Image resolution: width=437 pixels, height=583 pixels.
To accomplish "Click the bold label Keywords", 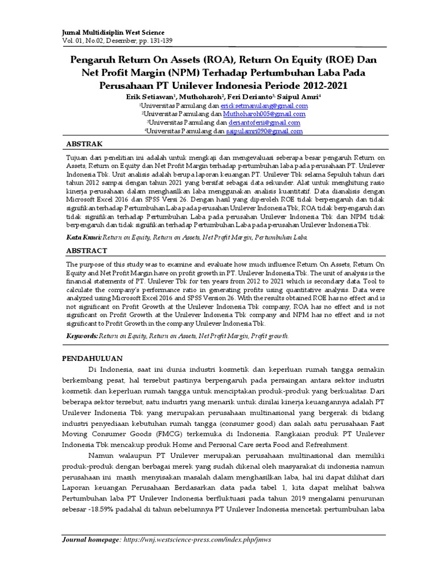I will (82, 336).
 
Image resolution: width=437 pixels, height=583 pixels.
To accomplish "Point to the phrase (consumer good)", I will (239, 422).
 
